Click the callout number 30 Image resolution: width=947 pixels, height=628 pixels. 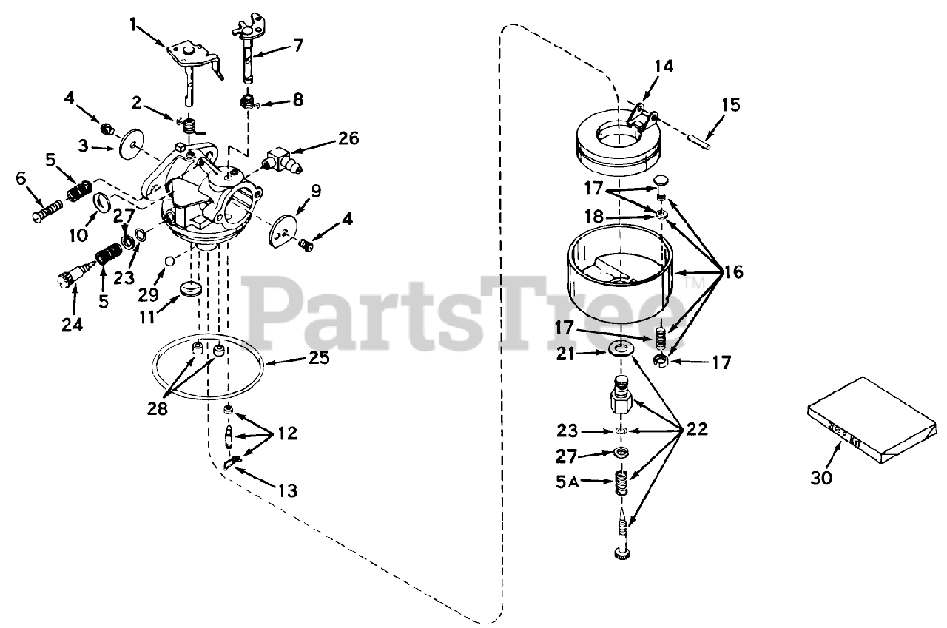(x=821, y=478)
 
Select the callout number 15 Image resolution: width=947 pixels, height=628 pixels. (x=729, y=104)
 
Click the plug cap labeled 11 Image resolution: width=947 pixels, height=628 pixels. (x=192, y=288)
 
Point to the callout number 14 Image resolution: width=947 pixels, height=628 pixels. (x=664, y=67)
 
